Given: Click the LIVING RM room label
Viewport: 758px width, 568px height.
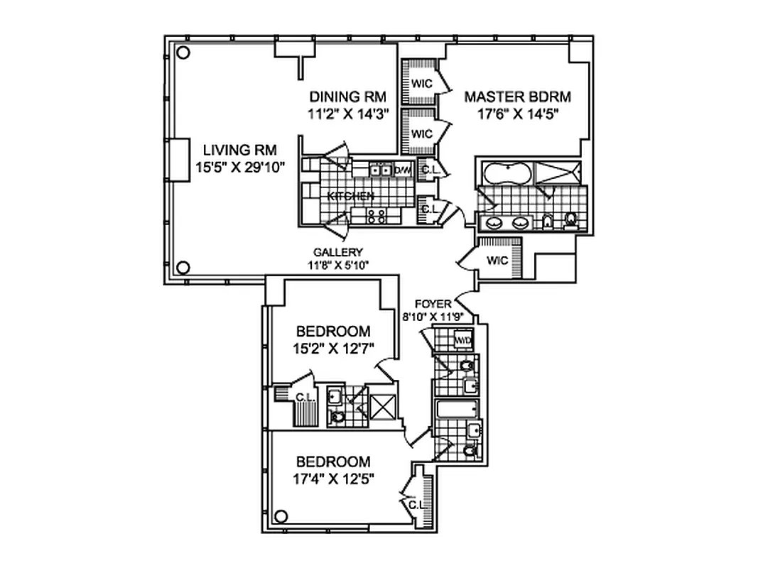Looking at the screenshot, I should (x=239, y=150).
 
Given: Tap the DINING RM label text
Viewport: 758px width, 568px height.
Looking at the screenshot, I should (x=347, y=97).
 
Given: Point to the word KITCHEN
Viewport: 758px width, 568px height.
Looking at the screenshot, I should (x=350, y=195).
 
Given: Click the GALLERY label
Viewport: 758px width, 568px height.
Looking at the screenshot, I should (x=338, y=252).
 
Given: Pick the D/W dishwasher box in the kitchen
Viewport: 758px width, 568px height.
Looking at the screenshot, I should (x=403, y=170).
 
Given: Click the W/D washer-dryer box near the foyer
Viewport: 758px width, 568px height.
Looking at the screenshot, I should (x=463, y=340).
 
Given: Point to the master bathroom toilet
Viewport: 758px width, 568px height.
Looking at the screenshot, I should (x=570, y=222).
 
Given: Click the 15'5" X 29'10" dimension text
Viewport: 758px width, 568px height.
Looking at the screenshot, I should (x=239, y=167).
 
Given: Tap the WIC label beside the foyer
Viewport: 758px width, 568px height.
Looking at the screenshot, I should (x=497, y=260).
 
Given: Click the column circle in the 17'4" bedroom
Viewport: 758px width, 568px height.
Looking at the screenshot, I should (x=281, y=516).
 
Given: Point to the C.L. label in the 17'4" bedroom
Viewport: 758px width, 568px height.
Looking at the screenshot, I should (x=416, y=505).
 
